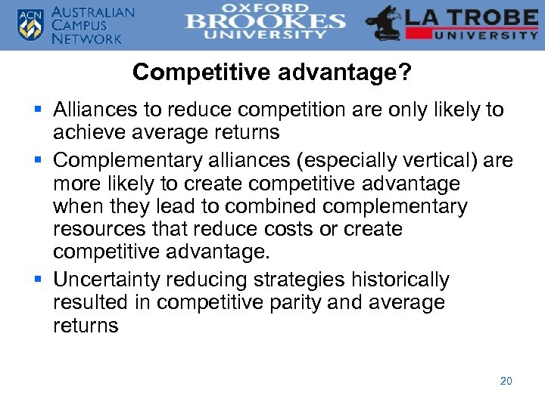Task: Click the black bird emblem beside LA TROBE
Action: tap(383, 23)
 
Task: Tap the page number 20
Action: tap(506, 381)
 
